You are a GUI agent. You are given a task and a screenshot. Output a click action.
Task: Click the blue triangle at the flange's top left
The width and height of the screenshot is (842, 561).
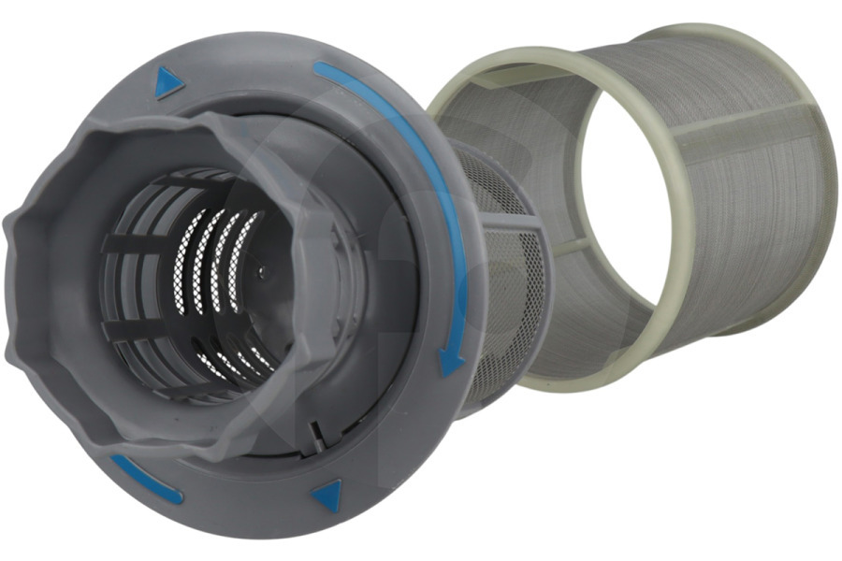[x=169, y=83]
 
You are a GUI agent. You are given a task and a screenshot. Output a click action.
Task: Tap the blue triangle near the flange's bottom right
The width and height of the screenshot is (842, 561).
[x=327, y=496]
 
